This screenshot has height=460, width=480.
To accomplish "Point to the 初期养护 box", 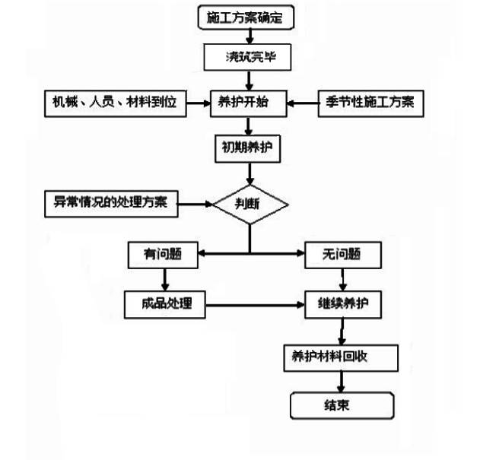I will (x=246, y=148).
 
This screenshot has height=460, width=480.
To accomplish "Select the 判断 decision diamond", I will (x=250, y=204).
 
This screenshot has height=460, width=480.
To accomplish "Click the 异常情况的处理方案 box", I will (x=111, y=203).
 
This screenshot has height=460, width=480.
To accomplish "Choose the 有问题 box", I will (x=163, y=256).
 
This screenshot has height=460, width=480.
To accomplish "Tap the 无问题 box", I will (x=342, y=256).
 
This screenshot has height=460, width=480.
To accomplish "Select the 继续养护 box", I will (x=343, y=305).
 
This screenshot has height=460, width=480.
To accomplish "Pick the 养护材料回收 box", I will (x=340, y=357).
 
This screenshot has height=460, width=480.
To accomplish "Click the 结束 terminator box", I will (x=342, y=405).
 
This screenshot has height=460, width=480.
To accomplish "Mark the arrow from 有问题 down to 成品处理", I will (x=164, y=280).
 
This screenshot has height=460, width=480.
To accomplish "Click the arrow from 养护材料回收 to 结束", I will (x=342, y=382).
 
